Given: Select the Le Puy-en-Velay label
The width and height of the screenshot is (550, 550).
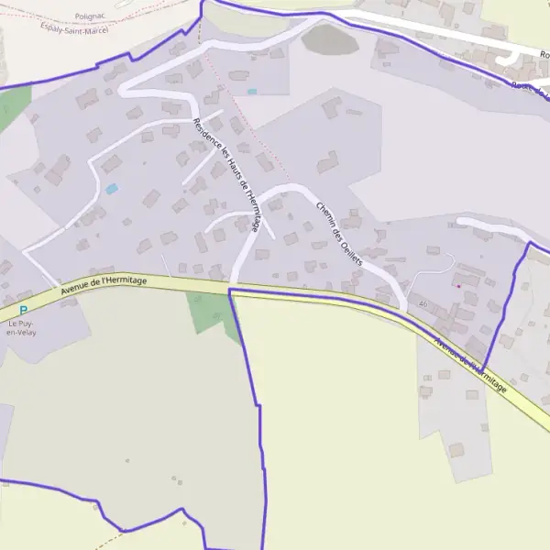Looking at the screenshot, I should pos(20,327).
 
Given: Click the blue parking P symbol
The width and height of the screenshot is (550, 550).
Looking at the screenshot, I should pos(23,311).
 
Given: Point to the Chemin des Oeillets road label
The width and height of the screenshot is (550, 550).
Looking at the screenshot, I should pos(339,234).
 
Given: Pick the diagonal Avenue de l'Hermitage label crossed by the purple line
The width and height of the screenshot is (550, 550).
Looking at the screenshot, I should pos(470,366).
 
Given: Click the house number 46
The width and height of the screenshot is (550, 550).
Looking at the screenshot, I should pos(423,303).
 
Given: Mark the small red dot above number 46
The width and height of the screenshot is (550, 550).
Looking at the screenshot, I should pos(457,286).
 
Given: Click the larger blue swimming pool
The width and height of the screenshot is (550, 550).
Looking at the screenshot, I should pos(112,189).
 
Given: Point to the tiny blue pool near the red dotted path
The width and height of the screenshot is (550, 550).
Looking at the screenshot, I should pos(251,92).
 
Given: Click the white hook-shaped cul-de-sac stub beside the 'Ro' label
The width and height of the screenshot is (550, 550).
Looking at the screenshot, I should pos(507,59).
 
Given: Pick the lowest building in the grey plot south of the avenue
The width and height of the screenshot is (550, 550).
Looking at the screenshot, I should pos(456,449).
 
